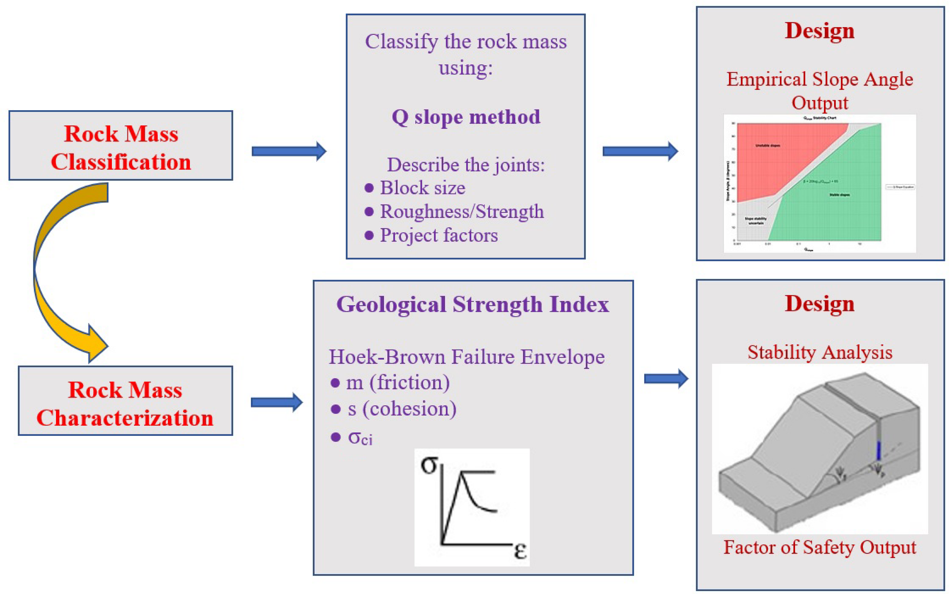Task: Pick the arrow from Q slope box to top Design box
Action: coord(640,151)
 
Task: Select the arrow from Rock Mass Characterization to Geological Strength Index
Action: coord(276,402)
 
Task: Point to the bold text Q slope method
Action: coord(466,117)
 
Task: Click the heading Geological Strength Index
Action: coord(473,305)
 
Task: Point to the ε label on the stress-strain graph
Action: coord(520,550)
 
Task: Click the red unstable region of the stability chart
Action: coord(770,157)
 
